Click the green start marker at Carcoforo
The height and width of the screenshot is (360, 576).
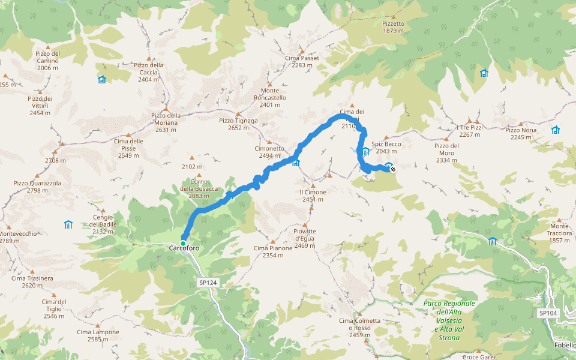click(x=183, y=243)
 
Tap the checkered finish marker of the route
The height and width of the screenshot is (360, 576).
click(x=392, y=170)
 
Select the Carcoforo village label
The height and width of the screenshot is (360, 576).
click(x=183, y=248)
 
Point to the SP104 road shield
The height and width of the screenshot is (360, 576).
click(x=548, y=313)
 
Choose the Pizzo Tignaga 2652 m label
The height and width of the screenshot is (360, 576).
click(x=238, y=124)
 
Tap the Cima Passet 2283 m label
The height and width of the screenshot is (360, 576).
click(x=302, y=61)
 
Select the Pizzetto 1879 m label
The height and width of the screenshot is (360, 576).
click(x=394, y=27)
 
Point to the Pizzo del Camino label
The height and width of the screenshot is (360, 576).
click(x=47, y=61)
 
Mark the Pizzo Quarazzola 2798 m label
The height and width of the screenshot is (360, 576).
click(x=37, y=187)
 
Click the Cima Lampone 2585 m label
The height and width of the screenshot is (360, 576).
click(x=93, y=335)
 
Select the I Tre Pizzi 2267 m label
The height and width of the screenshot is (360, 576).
click(x=469, y=131)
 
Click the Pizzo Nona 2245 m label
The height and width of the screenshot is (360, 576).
click(x=521, y=133)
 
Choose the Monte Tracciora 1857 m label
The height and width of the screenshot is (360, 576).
click(x=559, y=233)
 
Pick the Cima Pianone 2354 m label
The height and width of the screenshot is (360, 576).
click(x=273, y=251)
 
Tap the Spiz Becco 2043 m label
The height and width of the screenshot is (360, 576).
click(x=386, y=148)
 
